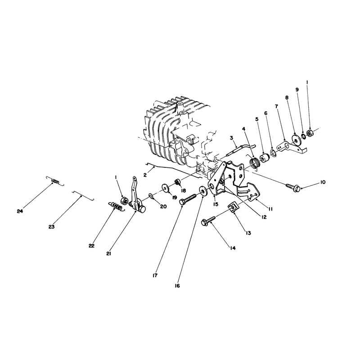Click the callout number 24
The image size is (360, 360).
pos(20,211)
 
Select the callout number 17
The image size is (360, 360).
pos(155,275)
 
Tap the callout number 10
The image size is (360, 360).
pos(323,182)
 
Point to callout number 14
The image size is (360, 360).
pos(233,248)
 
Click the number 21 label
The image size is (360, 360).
pos(109,254)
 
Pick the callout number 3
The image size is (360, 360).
pos(231,138)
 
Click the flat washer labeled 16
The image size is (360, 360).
pos(202,191)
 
